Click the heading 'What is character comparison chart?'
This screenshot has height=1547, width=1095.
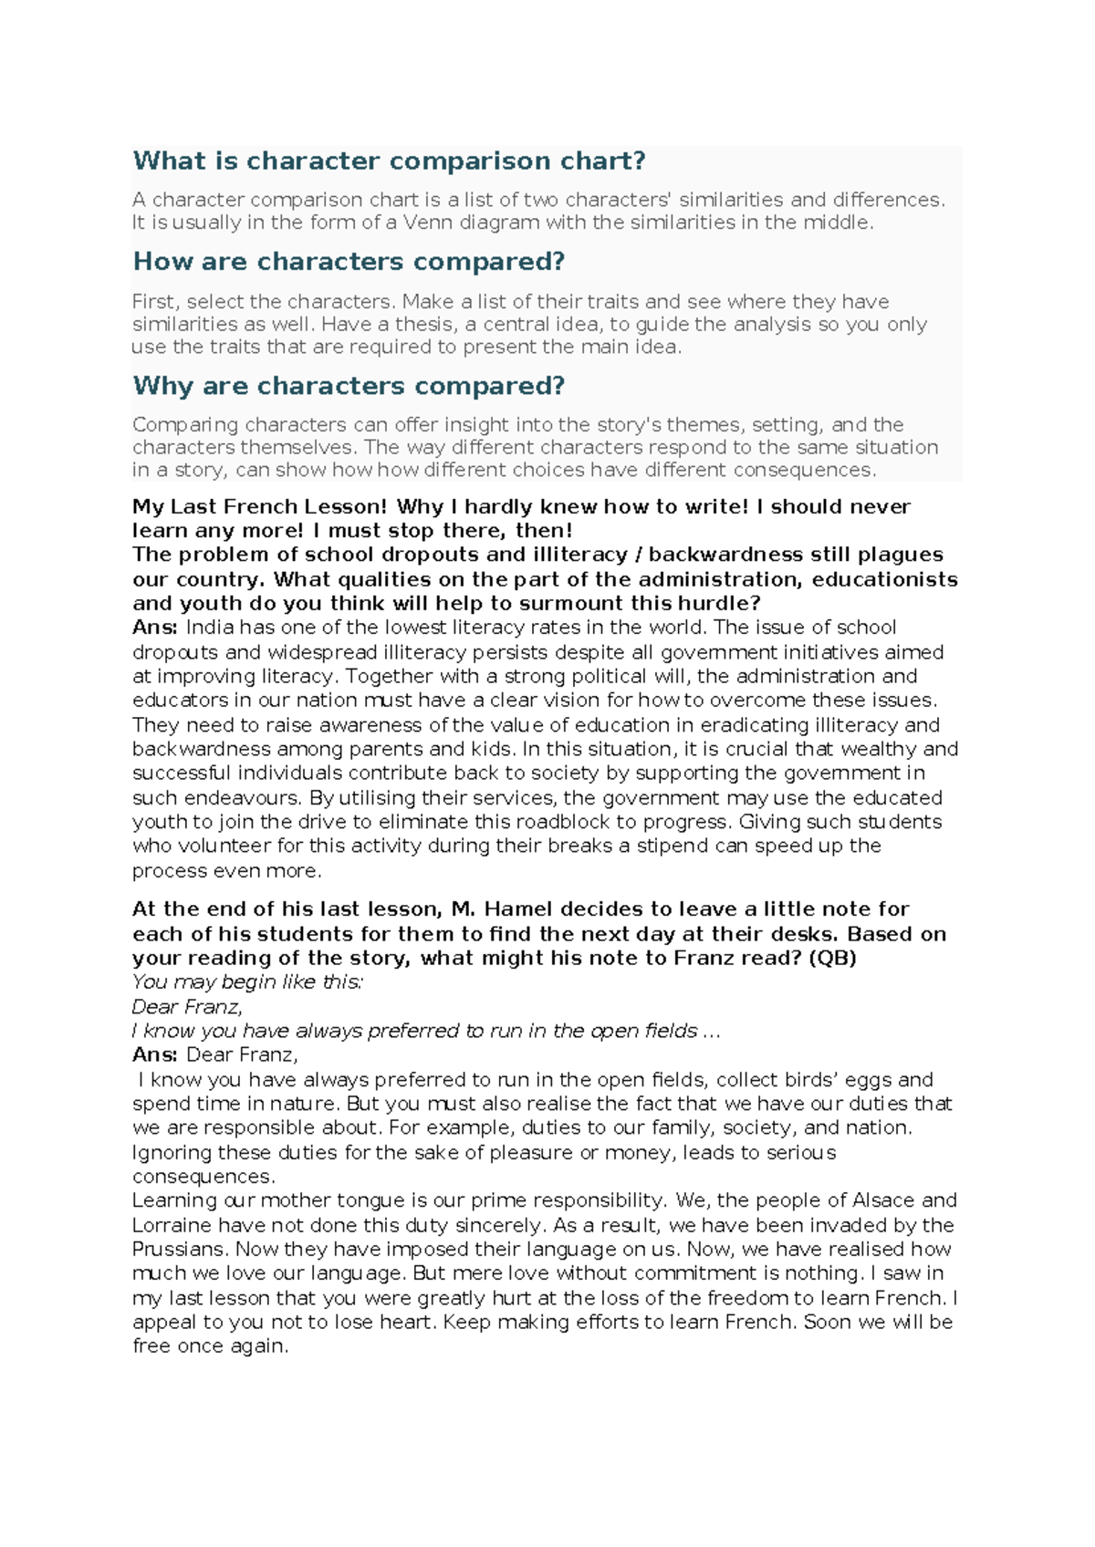[x=389, y=161]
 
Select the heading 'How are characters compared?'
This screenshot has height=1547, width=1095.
[x=349, y=262]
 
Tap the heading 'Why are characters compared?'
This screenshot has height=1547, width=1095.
[x=349, y=386]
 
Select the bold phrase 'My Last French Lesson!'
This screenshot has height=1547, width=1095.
[x=260, y=507]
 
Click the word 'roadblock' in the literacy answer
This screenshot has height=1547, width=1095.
[x=545, y=822]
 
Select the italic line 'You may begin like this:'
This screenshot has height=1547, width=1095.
[x=247, y=982]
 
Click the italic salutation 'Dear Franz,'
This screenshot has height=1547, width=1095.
[x=187, y=1007]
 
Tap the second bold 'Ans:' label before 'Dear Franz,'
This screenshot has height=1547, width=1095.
[x=155, y=1055]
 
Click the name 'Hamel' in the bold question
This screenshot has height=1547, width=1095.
[x=517, y=909]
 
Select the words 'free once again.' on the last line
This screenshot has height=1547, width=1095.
[x=210, y=1346]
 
